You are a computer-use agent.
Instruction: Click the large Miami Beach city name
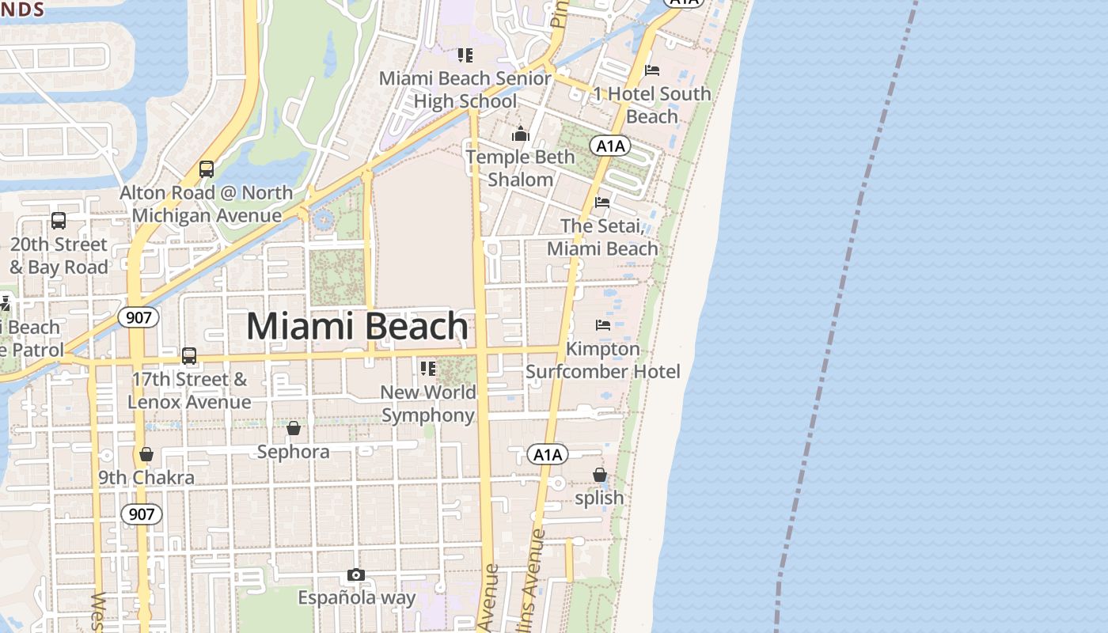click(358, 326)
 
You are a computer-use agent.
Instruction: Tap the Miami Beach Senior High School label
click(465, 89)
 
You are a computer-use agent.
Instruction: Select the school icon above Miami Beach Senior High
click(465, 55)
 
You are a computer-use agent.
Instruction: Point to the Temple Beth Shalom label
click(520, 168)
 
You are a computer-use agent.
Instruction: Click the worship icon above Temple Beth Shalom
click(520, 133)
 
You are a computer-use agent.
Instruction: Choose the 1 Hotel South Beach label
click(652, 104)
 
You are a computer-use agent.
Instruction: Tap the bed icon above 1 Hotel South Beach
click(652, 70)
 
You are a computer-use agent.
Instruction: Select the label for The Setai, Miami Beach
click(602, 237)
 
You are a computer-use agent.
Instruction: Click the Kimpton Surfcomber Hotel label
click(603, 360)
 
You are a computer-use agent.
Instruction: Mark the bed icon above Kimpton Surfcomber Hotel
click(603, 324)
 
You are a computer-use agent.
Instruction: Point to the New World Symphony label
click(428, 404)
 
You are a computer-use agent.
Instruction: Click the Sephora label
click(294, 452)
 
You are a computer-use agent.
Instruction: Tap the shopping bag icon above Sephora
click(294, 428)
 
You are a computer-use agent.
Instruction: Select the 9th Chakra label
click(146, 478)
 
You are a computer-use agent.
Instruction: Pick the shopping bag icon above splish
click(600, 475)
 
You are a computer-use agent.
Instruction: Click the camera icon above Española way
click(356, 574)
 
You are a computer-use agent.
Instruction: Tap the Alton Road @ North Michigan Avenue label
click(206, 204)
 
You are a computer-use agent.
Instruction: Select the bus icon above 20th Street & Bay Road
click(59, 221)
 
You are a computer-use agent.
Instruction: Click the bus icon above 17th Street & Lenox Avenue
click(189, 356)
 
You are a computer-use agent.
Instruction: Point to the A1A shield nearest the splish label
click(548, 454)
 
